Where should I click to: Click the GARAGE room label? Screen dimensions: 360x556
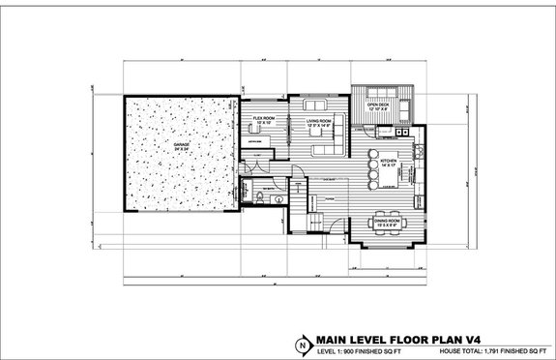click(x=181, y=145)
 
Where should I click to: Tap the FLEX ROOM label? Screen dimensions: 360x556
click(x=265, y=120)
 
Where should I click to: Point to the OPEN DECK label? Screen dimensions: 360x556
click(x=378, y=105)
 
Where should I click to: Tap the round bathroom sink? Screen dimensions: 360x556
click(x=278, y=199)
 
